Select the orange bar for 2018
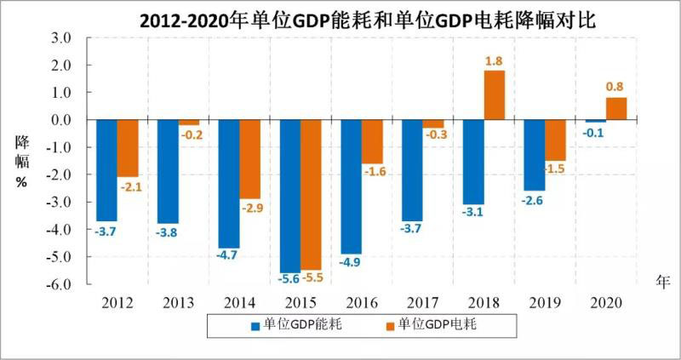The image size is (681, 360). point(495,95)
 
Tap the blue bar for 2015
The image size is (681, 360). point(290,196)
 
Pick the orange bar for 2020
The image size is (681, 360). point(616,109)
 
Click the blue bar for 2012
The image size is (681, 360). point(106,170)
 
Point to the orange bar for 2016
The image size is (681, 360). point(372,141)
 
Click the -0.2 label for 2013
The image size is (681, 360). point(188,134)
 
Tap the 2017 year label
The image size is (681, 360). point(423,302)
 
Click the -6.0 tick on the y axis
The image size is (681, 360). point(57,284)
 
